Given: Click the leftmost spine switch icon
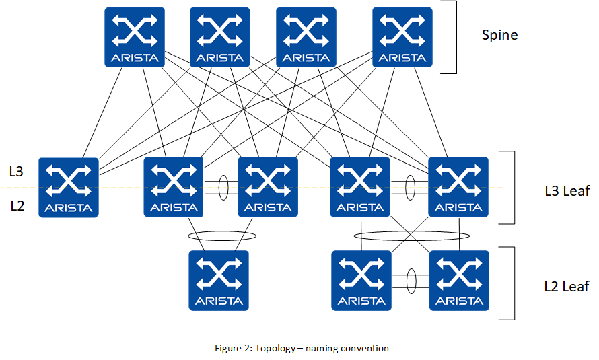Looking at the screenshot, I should tap(135, 37).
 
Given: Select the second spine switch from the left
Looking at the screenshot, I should tap(220, 37).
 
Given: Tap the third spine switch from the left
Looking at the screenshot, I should tap(306, 37).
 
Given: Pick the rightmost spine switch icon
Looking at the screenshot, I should tap(402, 37).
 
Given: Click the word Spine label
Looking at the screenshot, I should tap(499, 35).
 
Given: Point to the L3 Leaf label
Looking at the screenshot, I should tap(567, 191).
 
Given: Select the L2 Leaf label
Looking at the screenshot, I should tap(566, 287).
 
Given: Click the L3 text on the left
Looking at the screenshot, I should tap(17, 172).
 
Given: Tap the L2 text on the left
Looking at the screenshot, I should tap(17, 206).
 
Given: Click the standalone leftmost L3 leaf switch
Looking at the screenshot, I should tap(69, 187).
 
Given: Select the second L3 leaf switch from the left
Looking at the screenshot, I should tap(174, 187).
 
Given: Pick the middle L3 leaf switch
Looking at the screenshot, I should tap(268, 187).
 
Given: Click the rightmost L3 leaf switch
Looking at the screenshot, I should tap(458, 187).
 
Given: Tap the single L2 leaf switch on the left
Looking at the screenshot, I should tap(219, 281).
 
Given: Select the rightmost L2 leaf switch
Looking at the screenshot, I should tap(459, 281).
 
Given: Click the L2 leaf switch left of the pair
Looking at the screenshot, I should tap(362, 281).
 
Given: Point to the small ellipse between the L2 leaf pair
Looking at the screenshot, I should tap(410, 281).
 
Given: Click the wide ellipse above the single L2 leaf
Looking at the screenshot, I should tap(222, 236).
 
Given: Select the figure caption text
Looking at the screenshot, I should tap(302, 348).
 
